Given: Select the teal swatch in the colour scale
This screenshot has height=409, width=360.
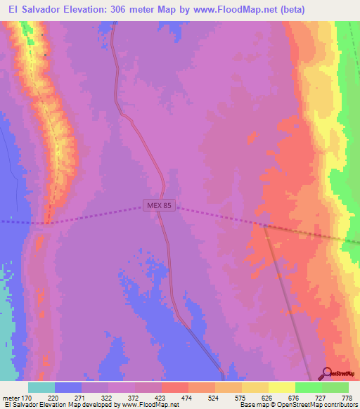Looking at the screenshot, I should click(x=41, y=388).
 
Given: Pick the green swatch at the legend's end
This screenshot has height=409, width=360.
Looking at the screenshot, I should click(x=335, y=388).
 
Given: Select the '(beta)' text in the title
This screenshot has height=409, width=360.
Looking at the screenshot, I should click(x=290, y=11).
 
